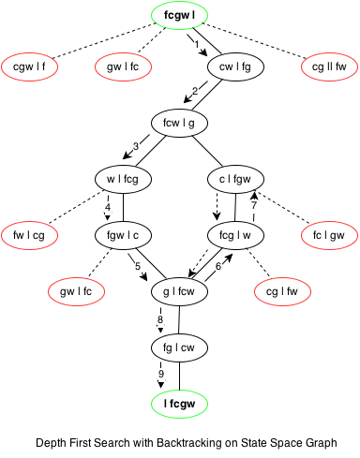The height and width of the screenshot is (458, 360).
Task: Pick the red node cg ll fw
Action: (x=328, y=66)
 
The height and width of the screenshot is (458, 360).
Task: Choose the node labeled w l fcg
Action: (x=124, y=178)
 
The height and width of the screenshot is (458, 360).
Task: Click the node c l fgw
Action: (x=234, y=178)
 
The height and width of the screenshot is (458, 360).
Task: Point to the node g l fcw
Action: (x=178, y=292)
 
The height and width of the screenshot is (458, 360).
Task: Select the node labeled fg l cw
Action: (x=178, y=348)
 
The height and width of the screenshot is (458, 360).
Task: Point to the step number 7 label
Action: (x=253, y=206)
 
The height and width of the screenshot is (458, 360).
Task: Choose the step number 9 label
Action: (x=160, y=375)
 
